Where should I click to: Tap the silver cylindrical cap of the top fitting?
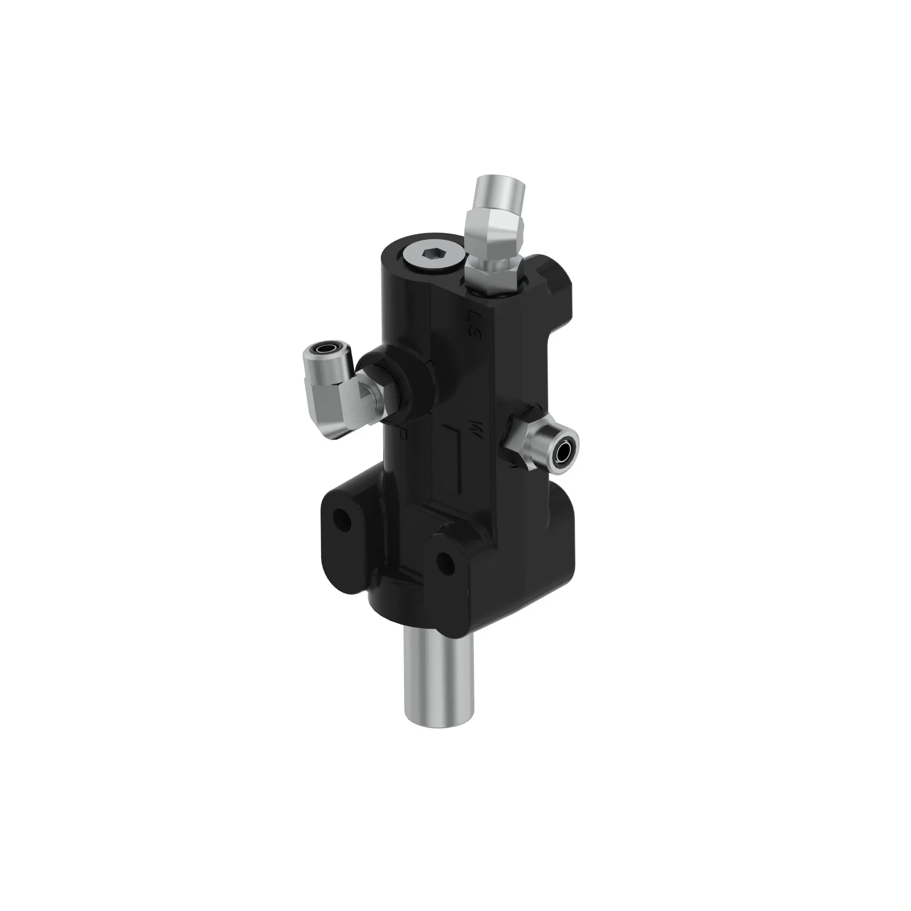500,192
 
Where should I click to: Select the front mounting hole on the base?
445,561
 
